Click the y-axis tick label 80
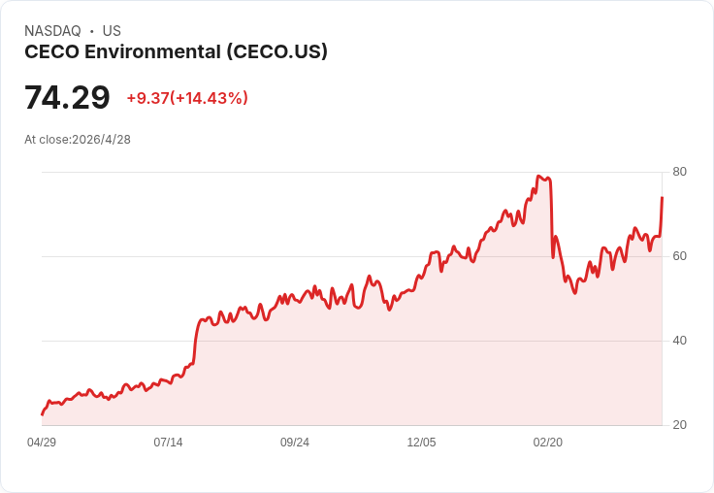(x=679, y=172)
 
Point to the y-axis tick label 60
(x=679, y=256)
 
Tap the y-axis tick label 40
(x=679, y=341)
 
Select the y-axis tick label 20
(x=679, y=425)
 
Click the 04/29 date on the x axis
(x=42, y=443)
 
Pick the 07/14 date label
(x=168, y=443)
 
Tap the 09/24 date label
(x=295, y=443)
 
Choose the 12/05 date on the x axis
(x=421, y=443)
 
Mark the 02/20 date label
(x=548, y=443)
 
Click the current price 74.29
(x=67, y=97)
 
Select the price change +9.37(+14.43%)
(x=187, y=98)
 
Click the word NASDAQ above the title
(x=52, y=31)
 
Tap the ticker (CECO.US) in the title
(x=276, y=52)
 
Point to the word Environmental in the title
(x=153, y=52)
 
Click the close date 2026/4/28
(x=102, y=140)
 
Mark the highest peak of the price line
(x=538, y=176)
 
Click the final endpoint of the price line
(x=662, y=197)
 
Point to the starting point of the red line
(x=43, y=414)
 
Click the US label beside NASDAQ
(x=112, y=31)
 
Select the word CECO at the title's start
(x=52, y=52)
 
